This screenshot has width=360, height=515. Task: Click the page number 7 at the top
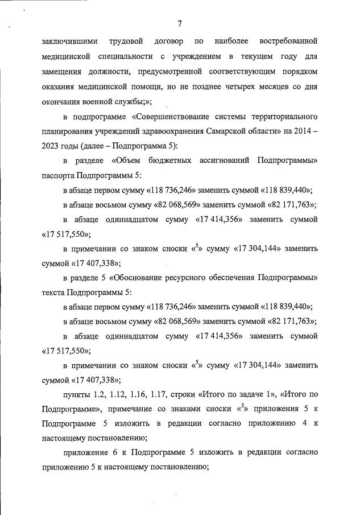pyautogui.click(x=179, y=23)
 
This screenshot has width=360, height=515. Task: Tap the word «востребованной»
pyautogui.click(x=288, y=42)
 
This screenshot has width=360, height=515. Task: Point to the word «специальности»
pyautogui.click(x=121, y=57)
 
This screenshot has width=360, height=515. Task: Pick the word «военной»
pyautogui.click(x=100, y=103)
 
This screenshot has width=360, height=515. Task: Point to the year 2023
pyautogui.click(x=51, y=147)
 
